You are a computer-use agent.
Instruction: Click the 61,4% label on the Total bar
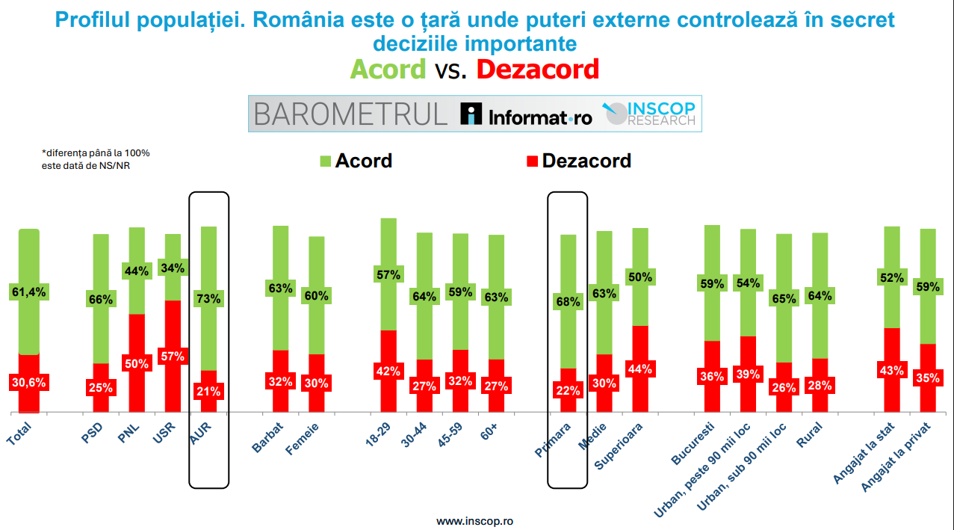pyautogui.click(x=29, y=292)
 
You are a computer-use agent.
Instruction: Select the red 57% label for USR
pyautogui.click(x=173, y=356)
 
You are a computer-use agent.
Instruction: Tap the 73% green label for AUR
pyautogui.click(x=208, y=298)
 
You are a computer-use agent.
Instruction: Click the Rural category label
pyautogui.click(x=810, y=435)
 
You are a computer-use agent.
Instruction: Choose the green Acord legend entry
pyautogui.click(x=356, y=161)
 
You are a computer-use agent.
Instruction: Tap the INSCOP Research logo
pyautogui.click(x=650, y=114)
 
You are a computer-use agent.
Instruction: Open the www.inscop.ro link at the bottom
pyautogui.click(x=474, y=520)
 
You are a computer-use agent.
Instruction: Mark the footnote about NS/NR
pyautogui.click(x=96, y=159)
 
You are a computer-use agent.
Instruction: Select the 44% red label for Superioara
pyautogui.click(x=639, y=368)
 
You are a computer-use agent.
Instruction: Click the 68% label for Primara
pyautogui.click(x=568, y=302)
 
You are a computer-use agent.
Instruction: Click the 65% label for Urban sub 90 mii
pyautogui.click(x=784, y=298)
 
